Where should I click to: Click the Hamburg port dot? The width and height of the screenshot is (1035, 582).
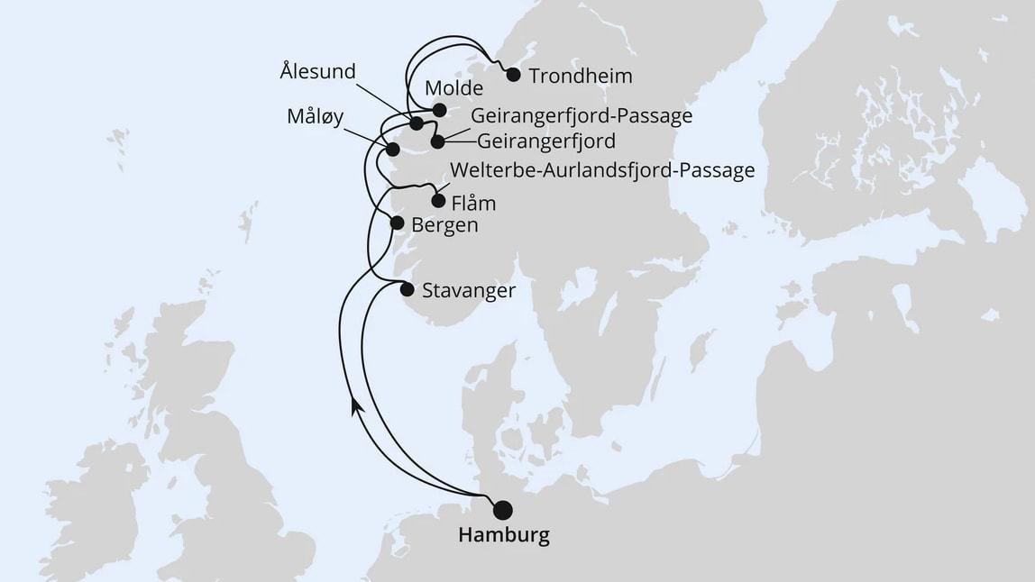point(501,509)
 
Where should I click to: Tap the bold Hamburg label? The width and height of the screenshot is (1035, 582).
point(503,536)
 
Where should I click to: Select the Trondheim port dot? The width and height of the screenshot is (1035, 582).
point(514,75)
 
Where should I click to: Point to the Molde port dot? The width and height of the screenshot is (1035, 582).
point(439,110)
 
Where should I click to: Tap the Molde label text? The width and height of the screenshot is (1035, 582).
point(453,89)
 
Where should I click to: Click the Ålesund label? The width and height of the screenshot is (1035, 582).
point(317,70)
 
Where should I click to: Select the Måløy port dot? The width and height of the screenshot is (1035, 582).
point(392,150)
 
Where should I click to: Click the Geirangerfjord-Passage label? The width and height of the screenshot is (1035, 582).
point(582,117)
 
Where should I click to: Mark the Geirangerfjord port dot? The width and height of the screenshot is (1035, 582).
point(437,141)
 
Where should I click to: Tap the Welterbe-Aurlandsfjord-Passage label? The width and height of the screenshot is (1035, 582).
point(601,171)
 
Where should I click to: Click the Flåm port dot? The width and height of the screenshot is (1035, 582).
point(438,201)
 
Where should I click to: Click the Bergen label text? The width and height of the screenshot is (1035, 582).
point(444,225)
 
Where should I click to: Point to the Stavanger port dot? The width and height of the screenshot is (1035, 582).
point(407,289)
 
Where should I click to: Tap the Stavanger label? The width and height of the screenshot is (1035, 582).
point(469,291)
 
